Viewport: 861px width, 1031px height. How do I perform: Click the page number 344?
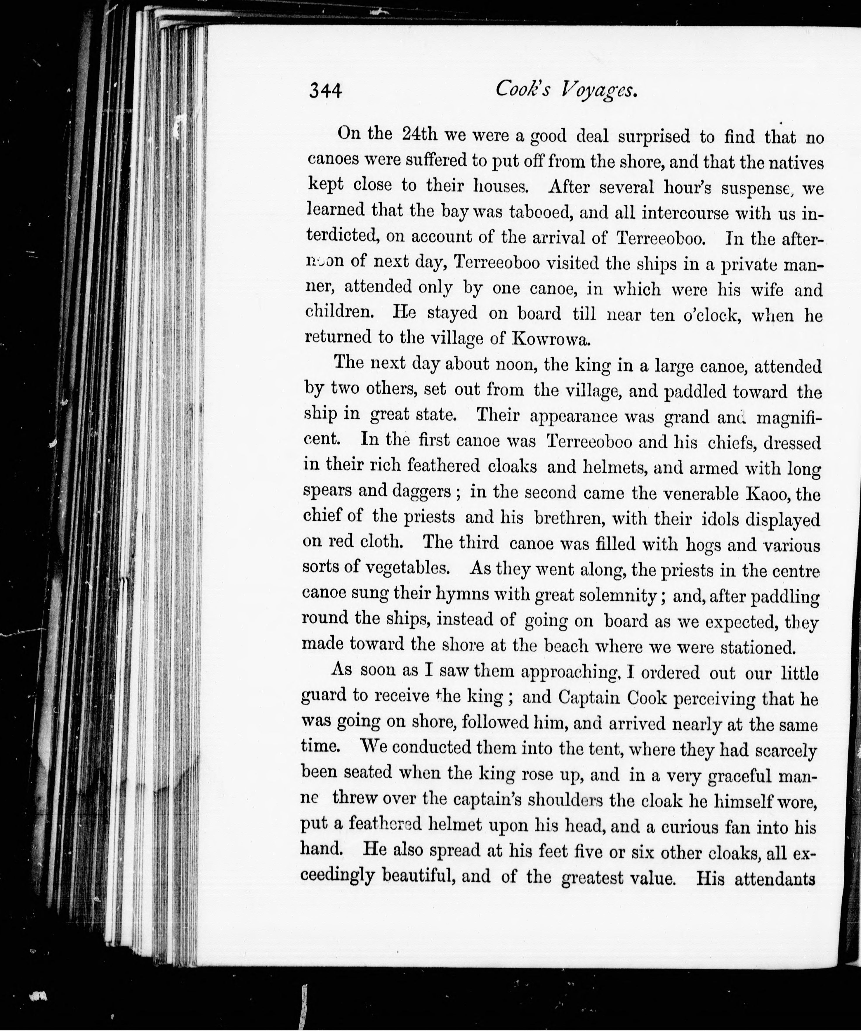coord(325,91)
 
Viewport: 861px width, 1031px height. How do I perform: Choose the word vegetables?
coord(407,569)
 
